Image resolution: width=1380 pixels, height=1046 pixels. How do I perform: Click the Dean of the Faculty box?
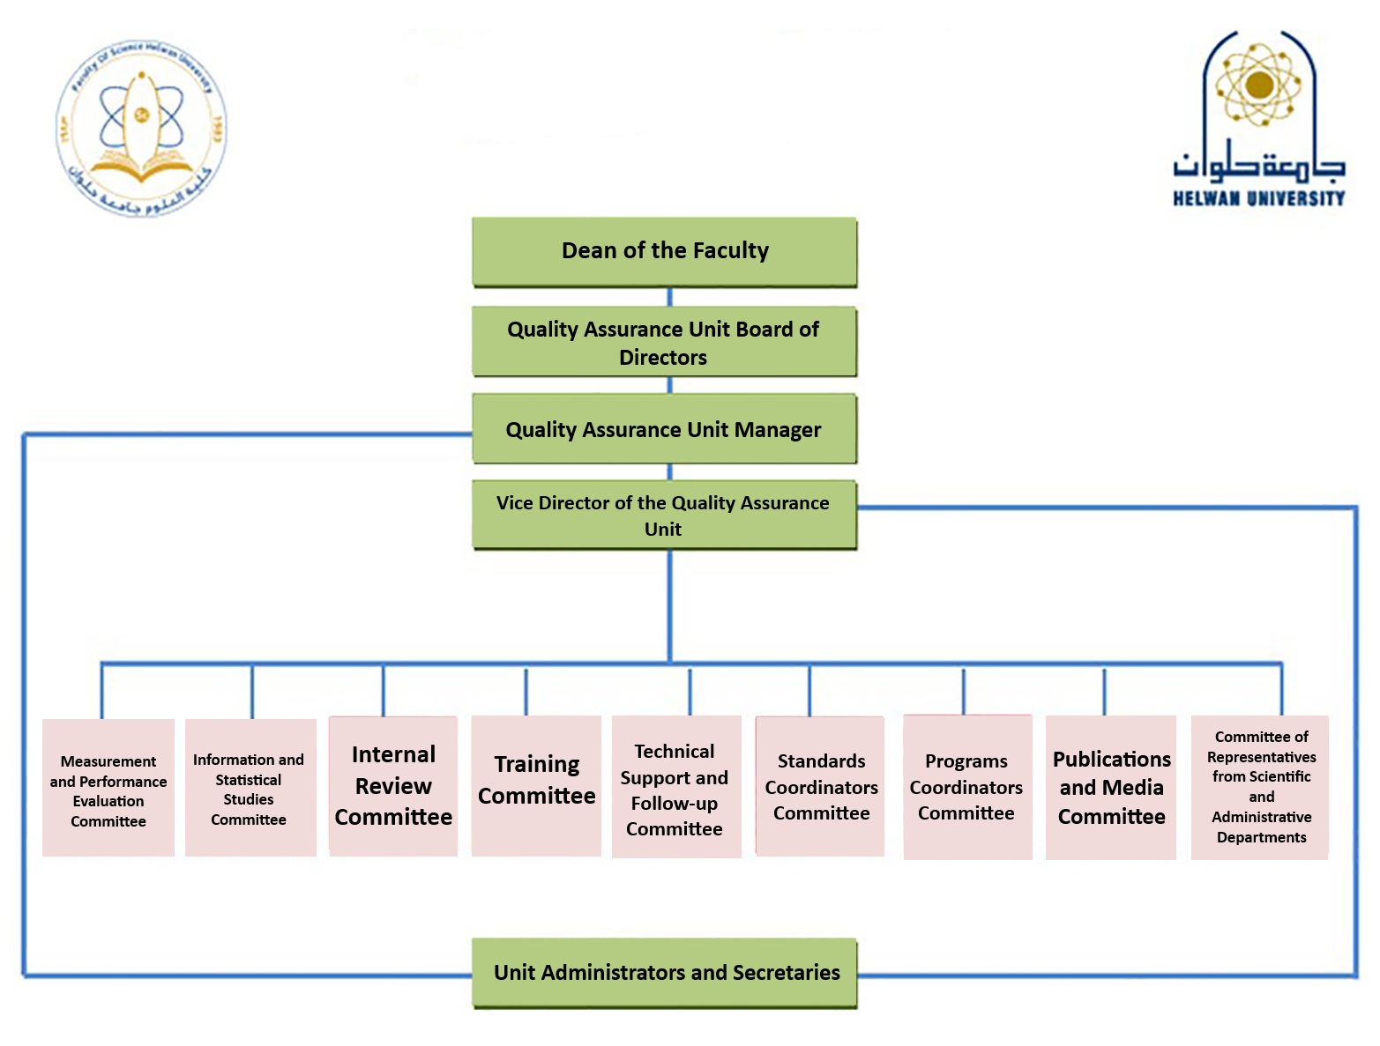(664, 251)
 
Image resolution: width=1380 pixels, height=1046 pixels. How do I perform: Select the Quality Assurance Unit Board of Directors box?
(664, 342)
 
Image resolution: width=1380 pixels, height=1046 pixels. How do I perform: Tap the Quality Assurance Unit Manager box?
(664, 429)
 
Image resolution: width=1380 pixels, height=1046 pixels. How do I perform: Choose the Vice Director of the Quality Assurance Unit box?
(664, 515)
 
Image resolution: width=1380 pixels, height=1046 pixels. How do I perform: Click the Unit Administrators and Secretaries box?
(664, 973)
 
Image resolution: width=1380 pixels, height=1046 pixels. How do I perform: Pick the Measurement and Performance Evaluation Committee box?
(108, 790)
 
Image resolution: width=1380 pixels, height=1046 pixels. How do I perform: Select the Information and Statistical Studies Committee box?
(250, 788)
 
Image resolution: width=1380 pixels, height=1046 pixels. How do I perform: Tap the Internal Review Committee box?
(393, 785)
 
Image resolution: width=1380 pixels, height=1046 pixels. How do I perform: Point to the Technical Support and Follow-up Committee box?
(675, 788)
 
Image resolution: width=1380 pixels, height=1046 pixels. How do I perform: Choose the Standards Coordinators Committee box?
(820, 786)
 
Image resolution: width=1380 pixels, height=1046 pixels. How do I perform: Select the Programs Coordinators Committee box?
(967, 787)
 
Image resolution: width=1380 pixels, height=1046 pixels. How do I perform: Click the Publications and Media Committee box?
(1111, 788)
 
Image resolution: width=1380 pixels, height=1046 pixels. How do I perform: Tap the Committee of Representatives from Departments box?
(1260, 787)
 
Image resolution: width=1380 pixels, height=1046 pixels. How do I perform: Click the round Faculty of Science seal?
(141, 128)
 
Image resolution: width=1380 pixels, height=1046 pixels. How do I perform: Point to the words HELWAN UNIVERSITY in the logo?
(1258, 198)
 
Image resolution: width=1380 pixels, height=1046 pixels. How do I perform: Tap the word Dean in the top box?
(589, 251)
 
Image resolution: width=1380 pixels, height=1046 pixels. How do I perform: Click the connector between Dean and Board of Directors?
(669, 297)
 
